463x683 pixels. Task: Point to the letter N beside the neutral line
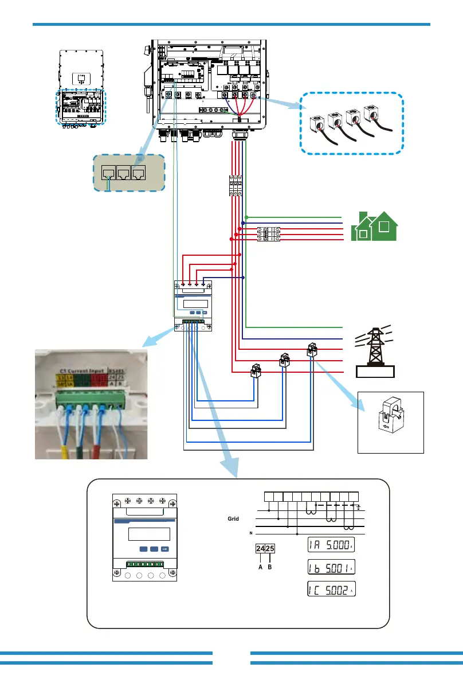(250, 533)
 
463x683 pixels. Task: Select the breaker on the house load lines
(268, 235)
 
